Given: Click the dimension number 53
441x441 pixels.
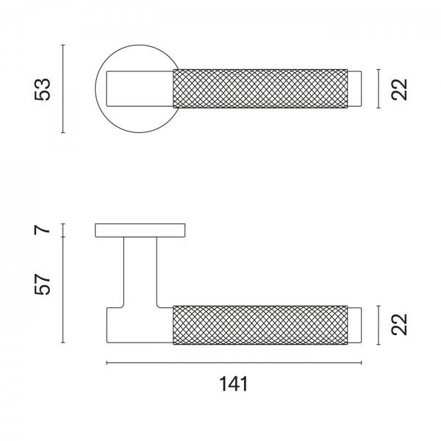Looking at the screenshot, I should pyautogui.click(x=44, y=89).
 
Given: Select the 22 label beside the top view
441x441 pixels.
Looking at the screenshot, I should pyautogui.click(x=399, y=89).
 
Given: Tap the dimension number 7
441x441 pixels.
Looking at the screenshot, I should pyautogui.click(x=44, y=230).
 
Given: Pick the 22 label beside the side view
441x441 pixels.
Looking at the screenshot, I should pyautogui.click(x=399, y=324).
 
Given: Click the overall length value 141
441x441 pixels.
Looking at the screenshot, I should pyautogui.click(x=234, y=383).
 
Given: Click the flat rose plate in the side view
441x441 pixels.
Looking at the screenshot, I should pyautogui.click(x=140, y=230).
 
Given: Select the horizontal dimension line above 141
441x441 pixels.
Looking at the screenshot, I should pyautogui.click(x=234, y=363).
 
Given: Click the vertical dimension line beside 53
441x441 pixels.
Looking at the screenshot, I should pyautogui.click(x=65, y=89).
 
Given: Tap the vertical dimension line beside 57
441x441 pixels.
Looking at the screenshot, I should pyautogui.click(x=65, y=291).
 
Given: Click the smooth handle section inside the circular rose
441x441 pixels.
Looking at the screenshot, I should pyautogui.click(x=140, y=89).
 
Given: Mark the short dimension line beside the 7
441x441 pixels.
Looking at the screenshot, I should pyautogui.click(x=65, y=230).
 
